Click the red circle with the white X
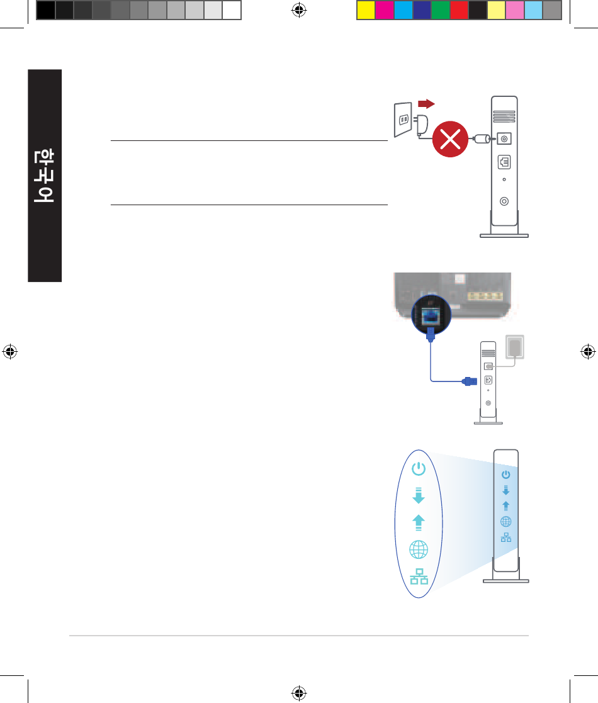pyautogui.click(x=450, y=141)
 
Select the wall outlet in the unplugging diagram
pyautogui.click(x=402, y=119)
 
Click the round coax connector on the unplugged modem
pyautogui.click(x=504, y=201)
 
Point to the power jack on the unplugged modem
pyautogui.click(x=504, y=138)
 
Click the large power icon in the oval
pyautogui.click(x=419, y=468)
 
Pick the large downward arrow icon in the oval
pyautogui.click(x=419, y=495)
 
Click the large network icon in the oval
pyautogui.click(x=419, y=577)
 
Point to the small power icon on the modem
pyautogui.click(x=505, y=475)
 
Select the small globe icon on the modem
pyautogui.click(x=505, y=521)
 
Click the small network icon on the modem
pyautogui.click(x=505, y=537)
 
